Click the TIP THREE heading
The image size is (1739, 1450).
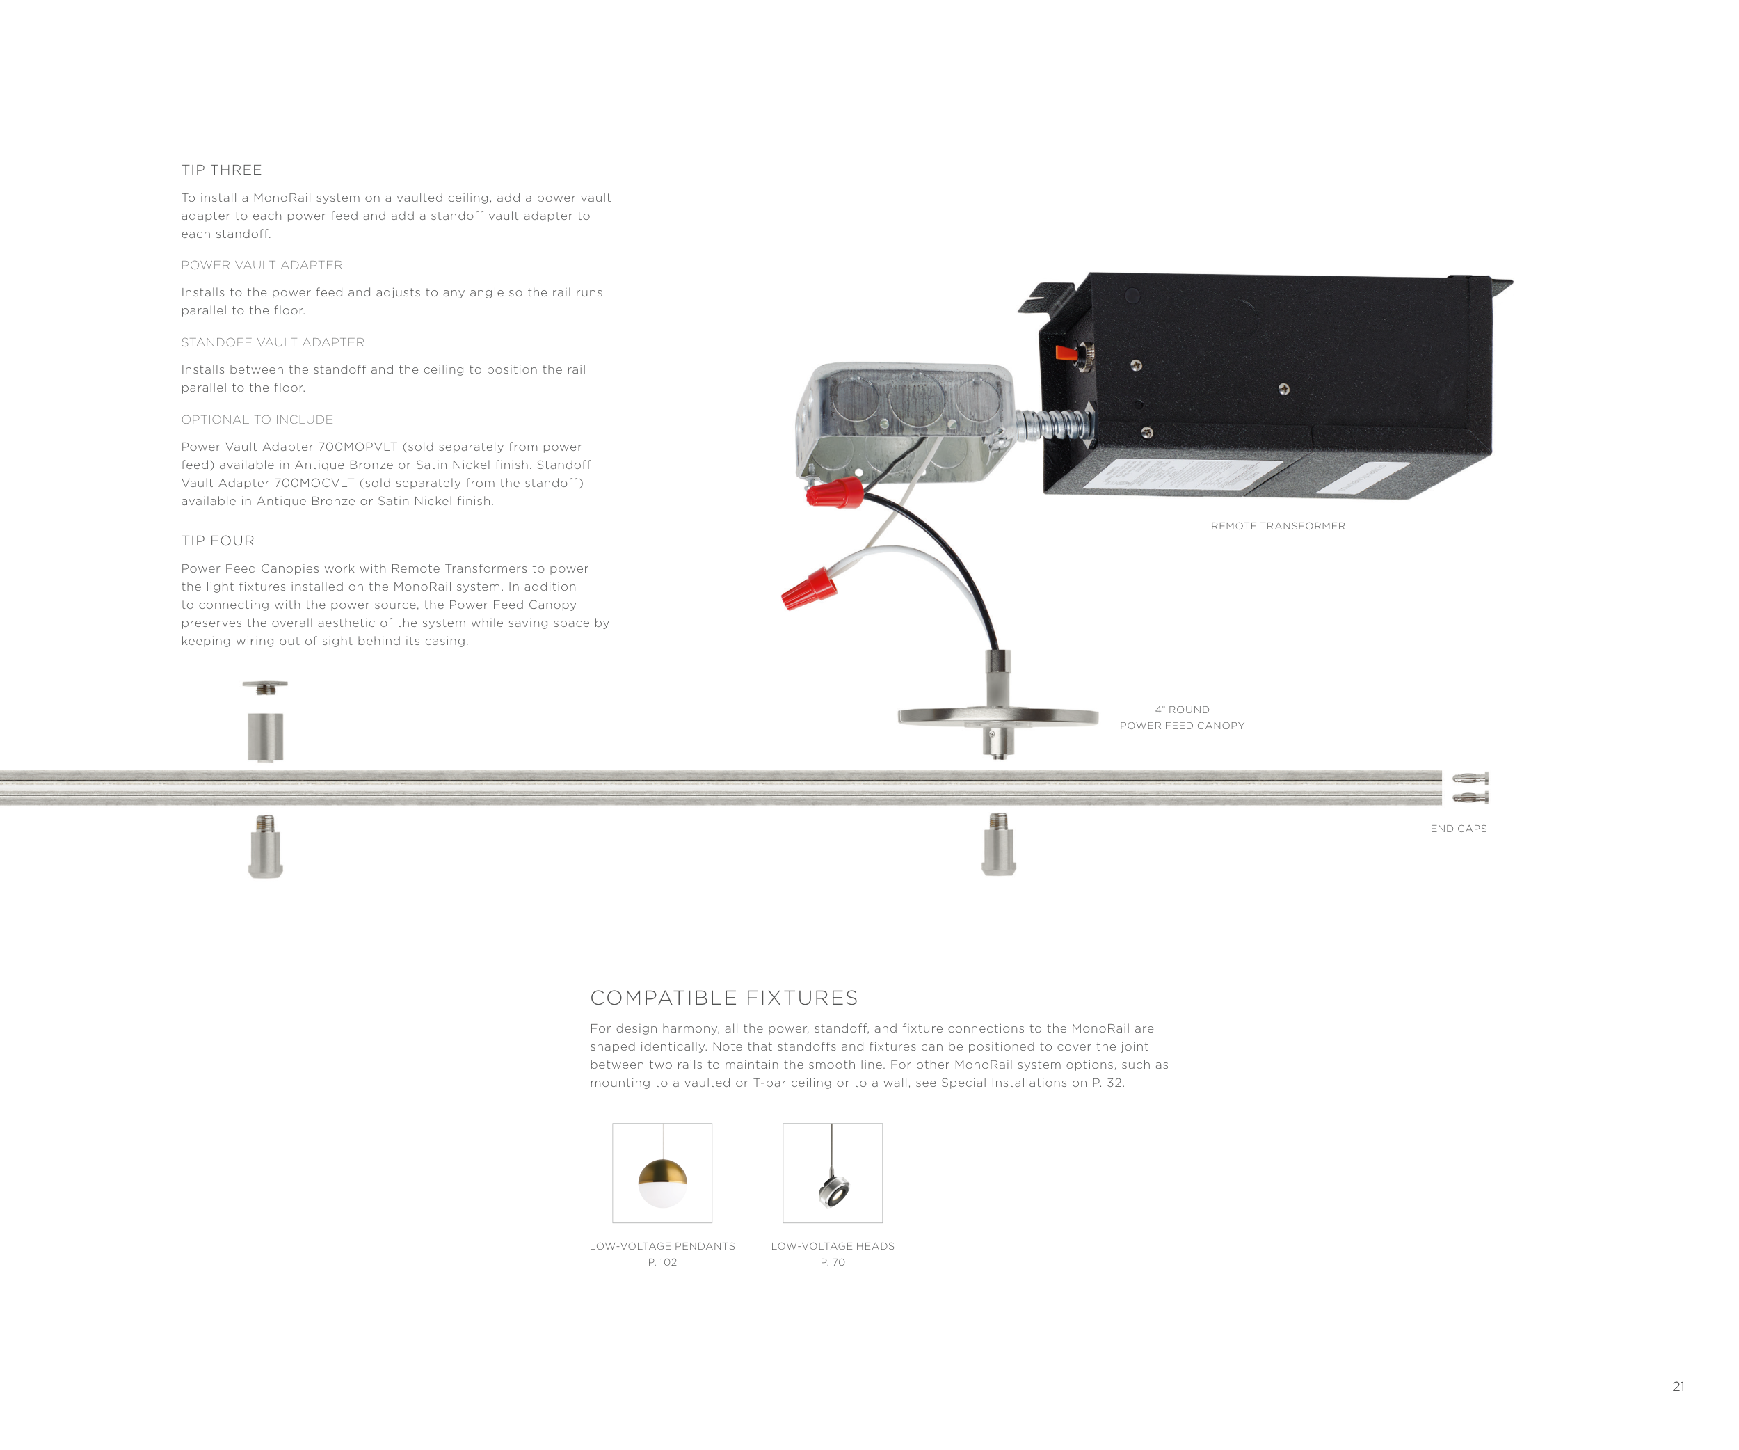click(x=221, y=170)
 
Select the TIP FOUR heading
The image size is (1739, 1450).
click(x=218, y=541)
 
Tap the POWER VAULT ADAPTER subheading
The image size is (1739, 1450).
click(x=262, y=265)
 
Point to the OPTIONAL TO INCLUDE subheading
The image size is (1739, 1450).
click(x=257, y=420)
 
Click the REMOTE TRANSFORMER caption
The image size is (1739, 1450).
click(x=1278, y=526)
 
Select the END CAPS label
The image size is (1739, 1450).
click(x=1458, y=829)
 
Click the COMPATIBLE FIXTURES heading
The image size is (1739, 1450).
click(x=723, y=998)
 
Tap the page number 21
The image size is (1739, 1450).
click(x=1678, y=1386)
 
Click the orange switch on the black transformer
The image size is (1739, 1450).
click(x=1066, y=353)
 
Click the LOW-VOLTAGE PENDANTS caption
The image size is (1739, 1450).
click(x=662, y=1246)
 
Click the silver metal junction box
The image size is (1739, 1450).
click(x=905, y=422)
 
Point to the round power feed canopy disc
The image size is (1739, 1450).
click(x=999, y=717)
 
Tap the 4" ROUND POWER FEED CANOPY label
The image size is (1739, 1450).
click(x=1183, y=718)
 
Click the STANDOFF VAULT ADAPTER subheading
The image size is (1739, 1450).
click(x=273, y=343)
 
